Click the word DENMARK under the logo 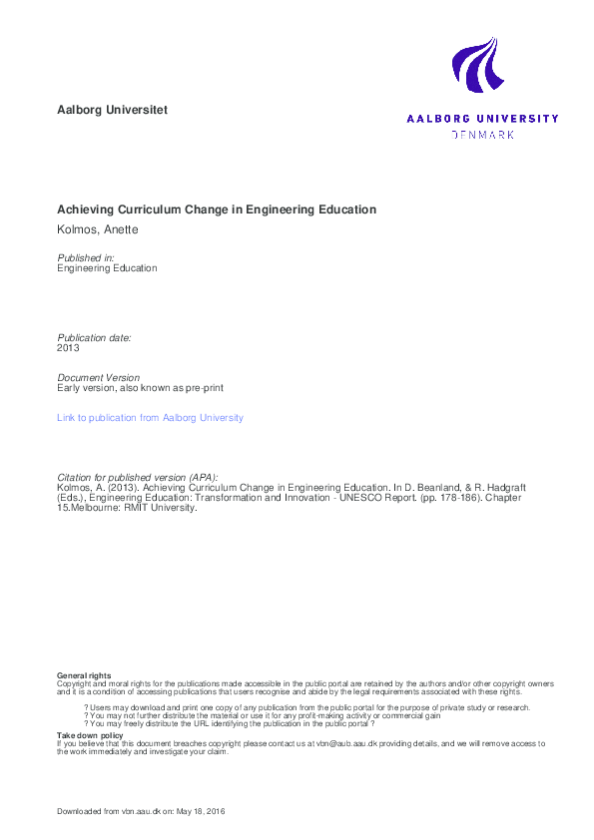[x=483, y=134]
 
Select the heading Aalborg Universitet [x=112, y=110]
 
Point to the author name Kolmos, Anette [x=97, y=231]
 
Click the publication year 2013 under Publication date [x=68, y=348]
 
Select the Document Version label [x=99, y=377]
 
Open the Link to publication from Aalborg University [x=150, y=418]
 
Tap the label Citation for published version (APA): [x=137, y=477]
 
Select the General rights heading [x=84, y=676]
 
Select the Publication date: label [x=94, y=337]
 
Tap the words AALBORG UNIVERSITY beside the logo [x=482, y=119]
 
